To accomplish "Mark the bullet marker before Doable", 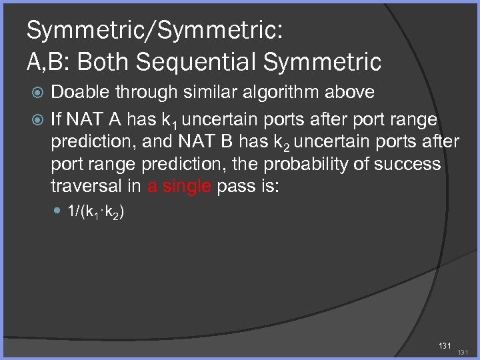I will point(37,93).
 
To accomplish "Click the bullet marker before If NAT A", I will point(37,120).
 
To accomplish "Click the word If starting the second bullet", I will point(57,119).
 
